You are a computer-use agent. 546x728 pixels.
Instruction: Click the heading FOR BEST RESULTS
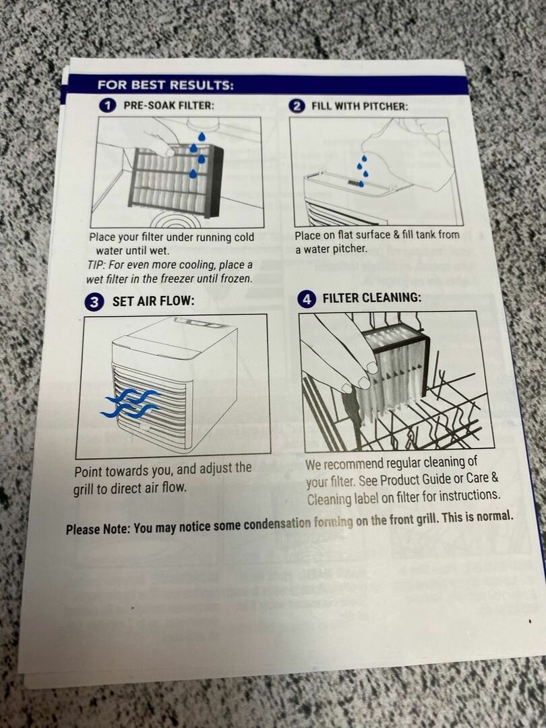click(165, 86)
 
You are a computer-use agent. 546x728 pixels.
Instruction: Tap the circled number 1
click(108, 105)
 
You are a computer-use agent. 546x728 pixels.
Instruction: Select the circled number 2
click(297, 107)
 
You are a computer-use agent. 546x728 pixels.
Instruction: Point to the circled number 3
click(94, 302)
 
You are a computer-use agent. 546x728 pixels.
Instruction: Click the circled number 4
click(307, 299)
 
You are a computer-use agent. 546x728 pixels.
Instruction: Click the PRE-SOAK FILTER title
click(169, 105)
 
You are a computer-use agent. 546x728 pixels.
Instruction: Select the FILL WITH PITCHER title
click(360, 107)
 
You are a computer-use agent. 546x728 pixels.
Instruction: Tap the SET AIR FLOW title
click(153, 301)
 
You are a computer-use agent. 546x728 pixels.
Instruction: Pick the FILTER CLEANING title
click(372, 298)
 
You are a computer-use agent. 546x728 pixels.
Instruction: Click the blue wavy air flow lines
click(130, 402)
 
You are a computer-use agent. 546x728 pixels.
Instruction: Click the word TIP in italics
click(96, 266)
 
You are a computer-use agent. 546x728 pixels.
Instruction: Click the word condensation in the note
click(277, 524)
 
